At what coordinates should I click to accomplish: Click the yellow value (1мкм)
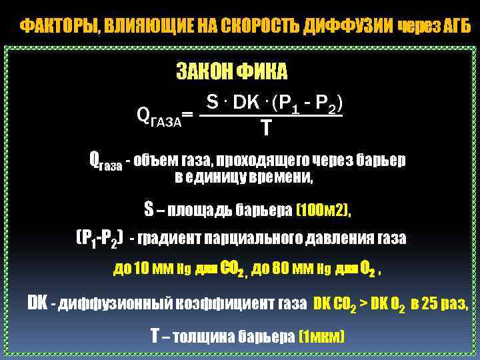point(322,337)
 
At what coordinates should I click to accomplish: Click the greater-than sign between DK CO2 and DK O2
point(364,304)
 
